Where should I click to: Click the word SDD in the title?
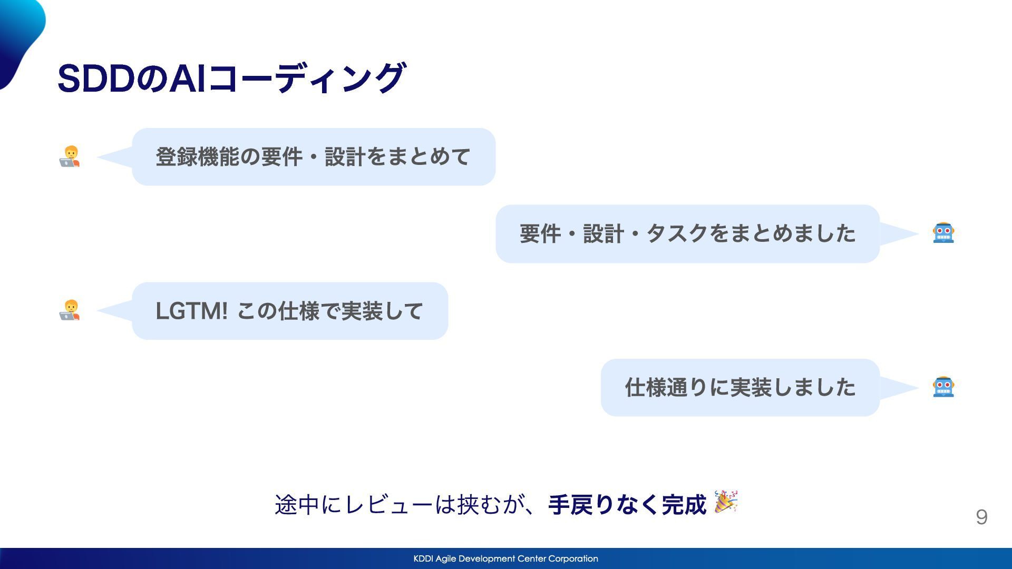96,79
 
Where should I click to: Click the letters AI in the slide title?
187,79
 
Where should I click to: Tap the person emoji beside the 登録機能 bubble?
70,156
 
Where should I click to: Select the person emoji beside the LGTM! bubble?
70,311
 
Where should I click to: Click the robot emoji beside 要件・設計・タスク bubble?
943,233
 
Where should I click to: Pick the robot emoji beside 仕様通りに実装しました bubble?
943,387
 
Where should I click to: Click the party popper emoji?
726,502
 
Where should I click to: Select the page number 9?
981,517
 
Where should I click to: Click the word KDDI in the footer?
423,558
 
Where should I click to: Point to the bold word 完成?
684,505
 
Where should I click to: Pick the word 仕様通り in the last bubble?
666,388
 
